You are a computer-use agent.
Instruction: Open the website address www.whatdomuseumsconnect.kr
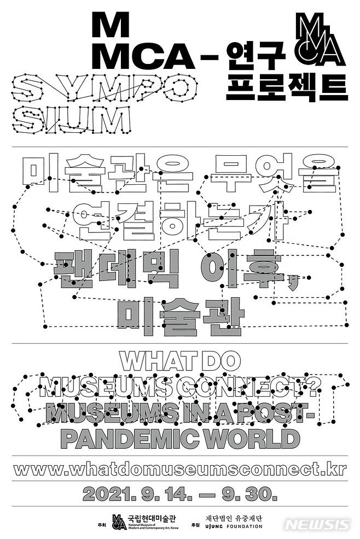179,468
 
